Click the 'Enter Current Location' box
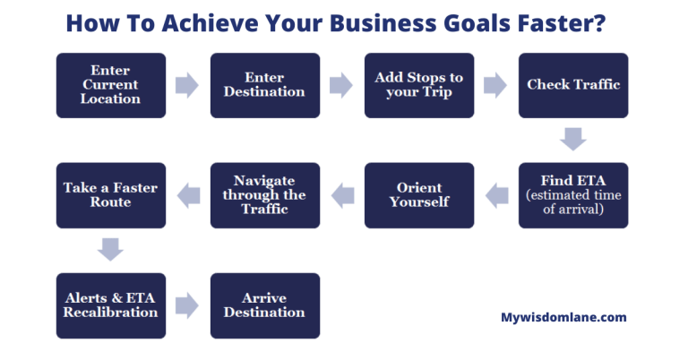111,85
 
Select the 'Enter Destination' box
265,85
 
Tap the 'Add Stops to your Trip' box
419,85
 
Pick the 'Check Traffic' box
573,85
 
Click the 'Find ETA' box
573,195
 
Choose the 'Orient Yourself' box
419,195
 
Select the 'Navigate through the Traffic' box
265,195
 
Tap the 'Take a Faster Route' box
111,195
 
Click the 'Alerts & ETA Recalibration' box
111,305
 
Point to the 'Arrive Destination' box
265,305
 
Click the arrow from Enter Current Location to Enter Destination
187,85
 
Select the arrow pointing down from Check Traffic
573,140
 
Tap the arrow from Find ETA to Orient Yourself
496,195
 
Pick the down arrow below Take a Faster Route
110,250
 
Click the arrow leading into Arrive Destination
187,305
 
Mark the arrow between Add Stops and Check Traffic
495,85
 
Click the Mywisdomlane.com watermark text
563,318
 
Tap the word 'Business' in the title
383,22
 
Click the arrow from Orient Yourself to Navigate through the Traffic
343,195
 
